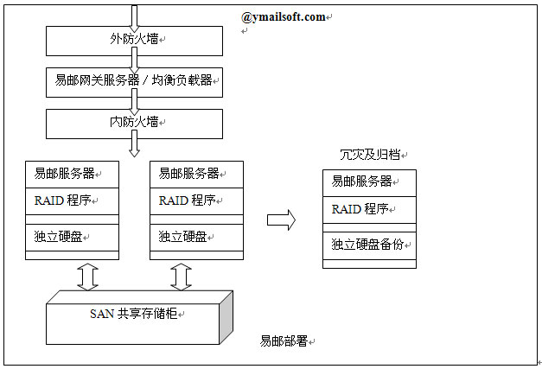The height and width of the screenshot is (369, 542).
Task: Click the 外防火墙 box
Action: [134, 39]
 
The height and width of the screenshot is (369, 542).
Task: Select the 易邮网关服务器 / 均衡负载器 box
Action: [134, 84]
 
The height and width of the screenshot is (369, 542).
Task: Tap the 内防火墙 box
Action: [134, 123]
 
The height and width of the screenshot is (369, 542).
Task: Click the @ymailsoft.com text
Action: [284, 16]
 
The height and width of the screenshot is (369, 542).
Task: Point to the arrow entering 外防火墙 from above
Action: [134, 16]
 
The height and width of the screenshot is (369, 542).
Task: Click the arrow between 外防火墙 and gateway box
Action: [134, 60]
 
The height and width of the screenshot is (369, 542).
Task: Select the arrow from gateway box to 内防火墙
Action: [134, 103]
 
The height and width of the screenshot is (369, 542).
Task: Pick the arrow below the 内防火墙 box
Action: [134, 147]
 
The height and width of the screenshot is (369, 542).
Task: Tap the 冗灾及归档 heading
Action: [373, 155]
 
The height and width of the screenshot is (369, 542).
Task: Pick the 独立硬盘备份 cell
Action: [369, 245]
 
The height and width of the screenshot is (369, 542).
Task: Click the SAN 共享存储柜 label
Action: [135, 314]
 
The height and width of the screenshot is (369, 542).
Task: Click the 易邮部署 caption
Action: [284, 341]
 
